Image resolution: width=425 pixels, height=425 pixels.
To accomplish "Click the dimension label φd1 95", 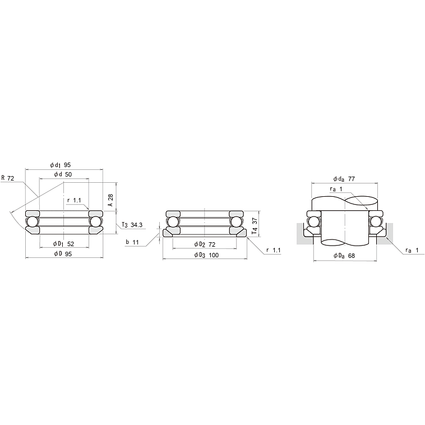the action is pyautogui.click(x=60, y=165).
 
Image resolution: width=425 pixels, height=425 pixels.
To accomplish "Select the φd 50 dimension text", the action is pyautogui.click(x=63, y=174).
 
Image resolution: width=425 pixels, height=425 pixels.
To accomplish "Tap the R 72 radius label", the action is pyautogui.click(x=8, y=178).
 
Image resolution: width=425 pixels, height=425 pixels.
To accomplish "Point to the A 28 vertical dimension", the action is pyautogui.click(x=110, y=200).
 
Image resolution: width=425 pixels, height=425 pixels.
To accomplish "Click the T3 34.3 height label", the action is pyautogui.click(x=132, y=225).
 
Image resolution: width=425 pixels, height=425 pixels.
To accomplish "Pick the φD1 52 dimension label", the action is pyautogui.click(x=63, y=244).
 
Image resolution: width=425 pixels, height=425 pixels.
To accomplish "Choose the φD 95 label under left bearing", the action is pyautogui.click(x=63, y=253).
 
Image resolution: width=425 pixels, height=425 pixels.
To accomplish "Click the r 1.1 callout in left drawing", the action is pyautogui.click(x=74, y=200).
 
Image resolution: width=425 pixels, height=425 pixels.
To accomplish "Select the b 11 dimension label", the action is pyautogui.click(x=132, y=242).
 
